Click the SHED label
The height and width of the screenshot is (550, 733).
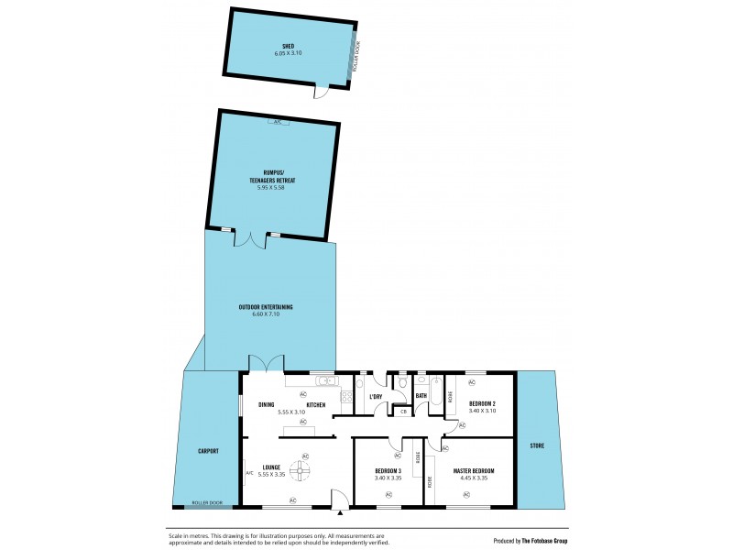click(288, 45)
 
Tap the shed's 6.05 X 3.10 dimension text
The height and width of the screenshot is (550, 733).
click(288, 53)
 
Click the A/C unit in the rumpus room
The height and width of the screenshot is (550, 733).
click(277, 122)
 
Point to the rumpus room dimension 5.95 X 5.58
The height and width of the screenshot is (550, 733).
click(267, 187)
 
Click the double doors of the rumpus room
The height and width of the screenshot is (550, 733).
click(247, 238)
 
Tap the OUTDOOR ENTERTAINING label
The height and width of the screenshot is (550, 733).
click(266, 307)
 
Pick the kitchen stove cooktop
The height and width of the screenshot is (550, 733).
click(346, 397)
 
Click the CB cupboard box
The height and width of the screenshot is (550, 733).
click(402, 412)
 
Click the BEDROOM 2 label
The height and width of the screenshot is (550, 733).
click(482, 403)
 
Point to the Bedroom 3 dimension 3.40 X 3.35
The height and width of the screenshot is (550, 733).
click(388, 478)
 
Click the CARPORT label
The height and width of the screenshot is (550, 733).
click(208, 451)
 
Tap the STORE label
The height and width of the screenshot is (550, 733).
click(537, 445)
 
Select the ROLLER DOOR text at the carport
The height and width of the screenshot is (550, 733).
click(206, 503)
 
